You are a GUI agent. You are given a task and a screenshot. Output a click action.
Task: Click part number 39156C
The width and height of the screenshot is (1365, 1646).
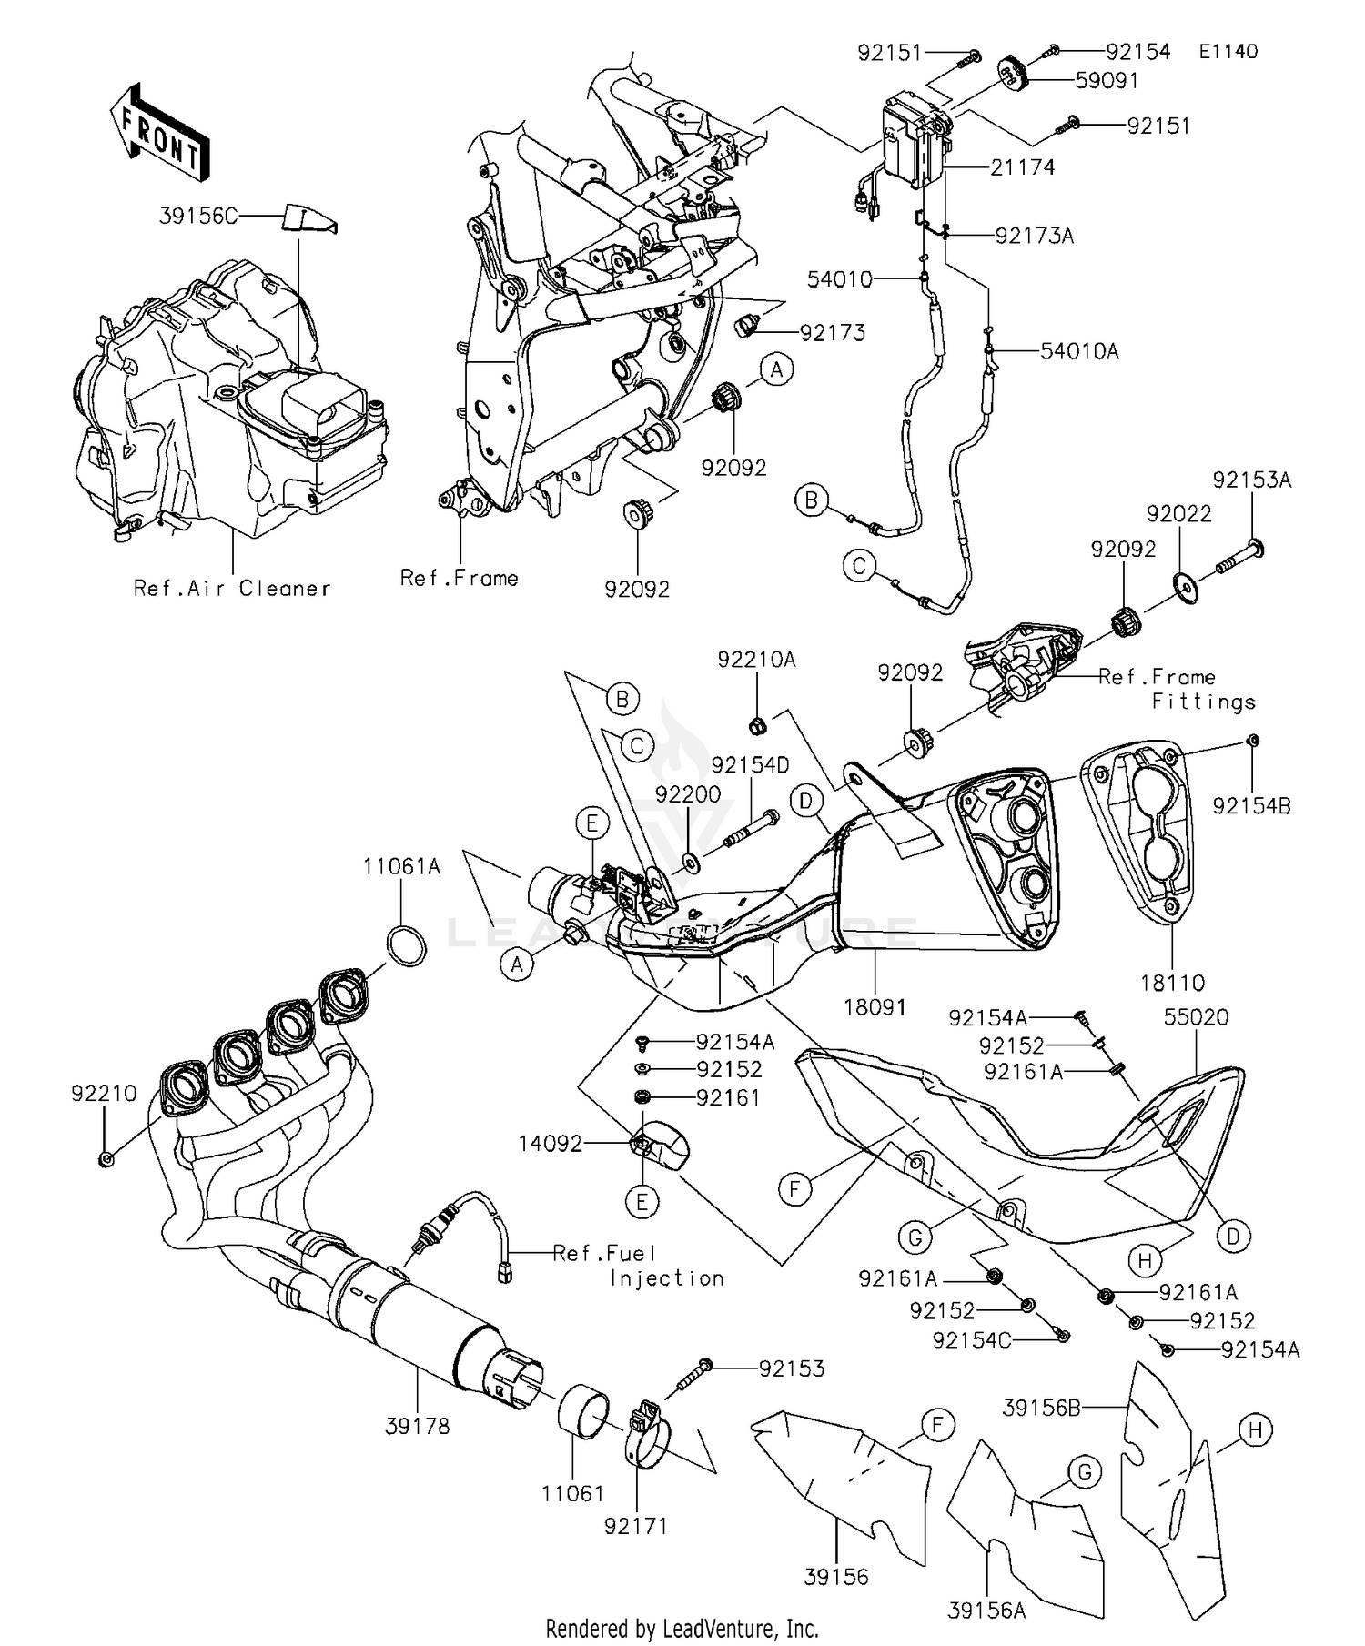pyautogui.click(x=198, y=216)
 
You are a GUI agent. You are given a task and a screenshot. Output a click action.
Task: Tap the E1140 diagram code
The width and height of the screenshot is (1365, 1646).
pyautogui.click(x=1228, y=51)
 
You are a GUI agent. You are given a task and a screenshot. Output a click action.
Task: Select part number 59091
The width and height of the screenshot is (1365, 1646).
pyautogui.click(x=1107, y=80)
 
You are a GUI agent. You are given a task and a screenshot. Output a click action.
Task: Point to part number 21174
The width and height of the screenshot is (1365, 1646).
pyautogui.click(x=1023, y=167)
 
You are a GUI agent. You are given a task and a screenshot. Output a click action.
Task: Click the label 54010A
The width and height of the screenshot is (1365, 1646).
pyautogui.click(x=1080, y=351)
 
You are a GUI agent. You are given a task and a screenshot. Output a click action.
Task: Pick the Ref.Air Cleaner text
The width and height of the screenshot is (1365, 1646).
pyautogui.click(x=232, y=588)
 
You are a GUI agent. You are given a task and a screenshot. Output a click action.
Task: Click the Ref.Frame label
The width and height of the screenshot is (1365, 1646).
pyautogui.click(x=460, y=578)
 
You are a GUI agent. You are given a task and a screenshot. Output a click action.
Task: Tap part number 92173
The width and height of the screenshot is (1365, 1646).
pyautogui.click(x=833, y=332)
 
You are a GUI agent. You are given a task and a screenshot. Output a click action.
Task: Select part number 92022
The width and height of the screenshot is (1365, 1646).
pyautogui.click(x=1179, y=514)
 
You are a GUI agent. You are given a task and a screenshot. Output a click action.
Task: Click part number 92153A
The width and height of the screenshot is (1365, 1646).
pyautogui.click(x=1251, y=480)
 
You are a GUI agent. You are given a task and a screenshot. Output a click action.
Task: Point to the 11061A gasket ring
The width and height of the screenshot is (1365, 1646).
pyautogui.click(x=407, y=945)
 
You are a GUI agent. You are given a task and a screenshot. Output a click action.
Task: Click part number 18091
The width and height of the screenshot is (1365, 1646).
pyautogui.click(x=875, y=1007)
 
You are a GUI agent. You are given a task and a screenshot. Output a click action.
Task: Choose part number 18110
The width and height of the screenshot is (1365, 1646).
pyautogui.click(x=1172, y=983)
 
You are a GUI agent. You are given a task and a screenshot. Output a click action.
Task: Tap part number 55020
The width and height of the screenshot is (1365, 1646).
pyautogui.click(x=1196, y=1016)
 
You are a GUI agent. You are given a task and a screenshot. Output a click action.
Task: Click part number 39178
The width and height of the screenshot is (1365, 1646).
pyautogui.click(x=417, y=1427)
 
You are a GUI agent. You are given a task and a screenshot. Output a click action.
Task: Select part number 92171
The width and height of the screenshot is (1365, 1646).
pyautogui.click(x=636, y=1526)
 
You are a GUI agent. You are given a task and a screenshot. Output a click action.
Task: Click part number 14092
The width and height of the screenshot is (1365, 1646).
pyautogui.click(x=551, y=1144)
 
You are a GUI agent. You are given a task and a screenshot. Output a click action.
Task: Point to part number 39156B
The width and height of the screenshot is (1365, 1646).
pyautogui.click(x=1041, y=1408)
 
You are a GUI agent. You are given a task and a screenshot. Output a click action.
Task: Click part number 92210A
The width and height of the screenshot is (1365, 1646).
pyautogui.click(x=756, y=660)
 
